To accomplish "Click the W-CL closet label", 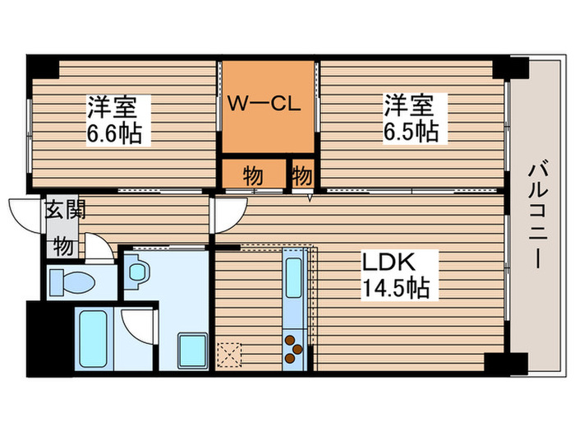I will click(x=267, y=105).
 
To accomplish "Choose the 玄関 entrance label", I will click(x=60, y=209).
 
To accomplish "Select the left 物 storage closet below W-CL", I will click(x=253, y=174).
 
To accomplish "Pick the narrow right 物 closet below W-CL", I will click(x=302, y=174).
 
